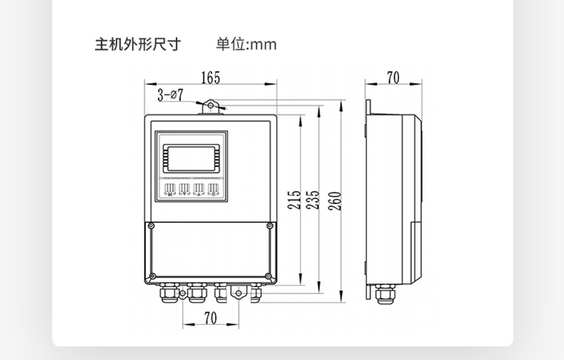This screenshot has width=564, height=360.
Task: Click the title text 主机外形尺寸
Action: tap(138, 44)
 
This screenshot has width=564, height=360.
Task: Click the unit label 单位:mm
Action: tap(246, 44)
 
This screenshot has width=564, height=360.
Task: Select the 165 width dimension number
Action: tap(210, 77)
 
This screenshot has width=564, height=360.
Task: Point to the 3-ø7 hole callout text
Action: tap(171, 94)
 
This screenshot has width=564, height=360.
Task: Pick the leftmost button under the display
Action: tap(170, 190)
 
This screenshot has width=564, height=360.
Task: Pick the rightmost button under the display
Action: tap(213, 190)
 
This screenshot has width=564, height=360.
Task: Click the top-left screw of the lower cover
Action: tap(151, 226)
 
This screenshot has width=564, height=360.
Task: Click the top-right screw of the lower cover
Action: tap(268, 226)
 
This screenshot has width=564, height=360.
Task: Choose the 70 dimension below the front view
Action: tap(210, 319)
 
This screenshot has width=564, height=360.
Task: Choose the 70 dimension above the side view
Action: tap(393, 77)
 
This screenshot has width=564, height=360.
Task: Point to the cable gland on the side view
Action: tap(386, 294)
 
